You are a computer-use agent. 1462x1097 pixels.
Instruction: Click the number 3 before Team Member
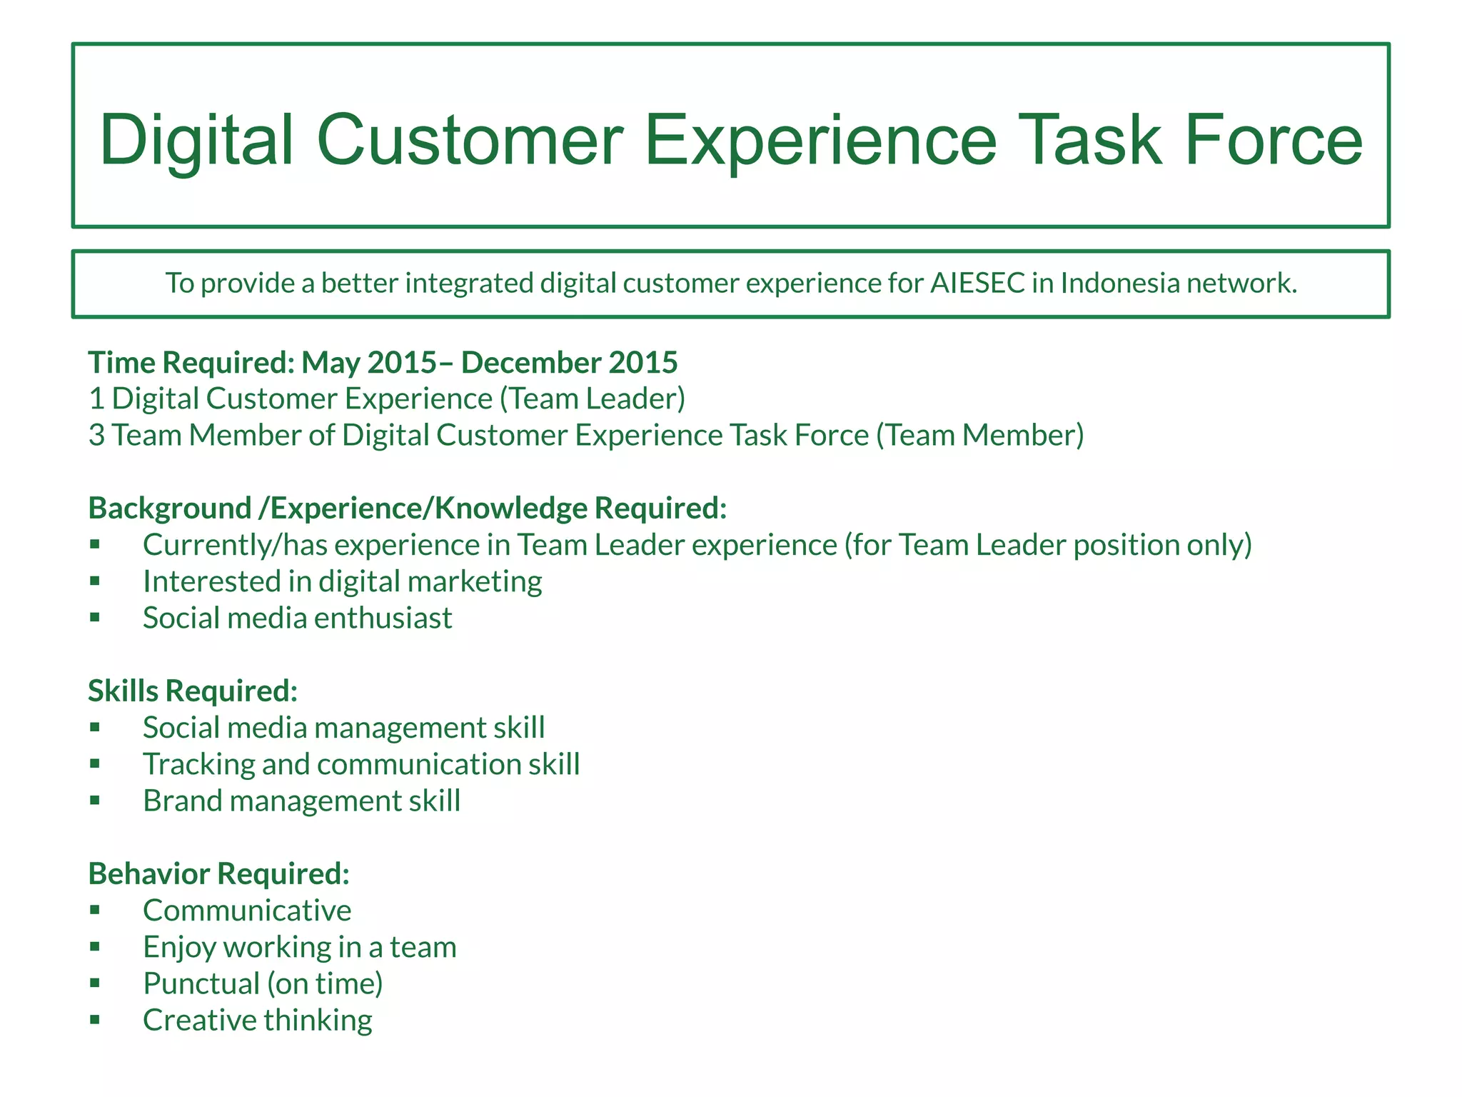click(x=96, y=436)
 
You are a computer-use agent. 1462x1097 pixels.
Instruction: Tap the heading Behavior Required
click(x=218, y=874)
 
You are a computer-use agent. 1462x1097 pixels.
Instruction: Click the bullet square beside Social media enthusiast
click(x=95, y=617)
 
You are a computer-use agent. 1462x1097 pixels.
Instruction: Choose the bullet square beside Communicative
click(x=95, y=910)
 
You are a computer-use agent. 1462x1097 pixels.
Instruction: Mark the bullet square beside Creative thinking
click(x=95, y=1019)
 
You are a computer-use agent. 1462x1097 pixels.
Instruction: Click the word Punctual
click(x=201, y=984)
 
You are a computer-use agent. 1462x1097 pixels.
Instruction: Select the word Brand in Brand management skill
click(x=182, y=801)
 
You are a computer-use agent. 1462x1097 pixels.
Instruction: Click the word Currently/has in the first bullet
click(x=235, y=546)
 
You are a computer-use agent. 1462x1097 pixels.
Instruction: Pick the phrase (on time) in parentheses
click(x=326, y=984)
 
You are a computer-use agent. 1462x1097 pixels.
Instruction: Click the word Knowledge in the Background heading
click(x=510, y=509)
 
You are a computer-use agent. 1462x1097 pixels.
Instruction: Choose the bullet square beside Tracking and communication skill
click(x=95, y=763)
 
